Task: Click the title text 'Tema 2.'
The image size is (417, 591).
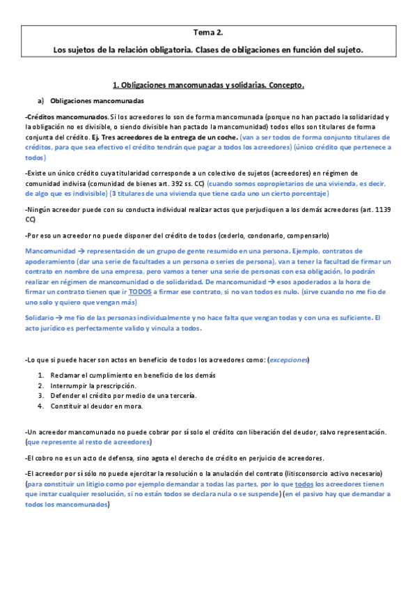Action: click(208, 32)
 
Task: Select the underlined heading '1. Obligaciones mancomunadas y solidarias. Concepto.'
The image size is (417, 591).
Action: click(208, 85)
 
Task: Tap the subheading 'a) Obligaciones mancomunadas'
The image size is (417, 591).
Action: click(91, 101)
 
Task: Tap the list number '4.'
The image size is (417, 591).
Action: click(41, 406)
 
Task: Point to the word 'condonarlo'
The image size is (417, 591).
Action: click(270, 235)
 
